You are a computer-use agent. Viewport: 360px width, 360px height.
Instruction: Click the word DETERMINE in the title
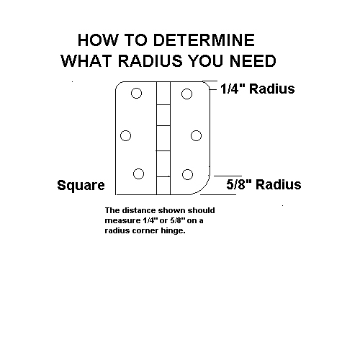pyautogui.click(x=204, y=40)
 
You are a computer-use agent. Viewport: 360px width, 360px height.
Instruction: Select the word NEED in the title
pyautogui.click(x=253, y=60)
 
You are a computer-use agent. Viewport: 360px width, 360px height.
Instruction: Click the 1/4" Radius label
pyautogui.click(x=258, y=89)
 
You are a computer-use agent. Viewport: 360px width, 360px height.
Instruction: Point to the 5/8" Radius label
pyautogui.click(x=264, y=184)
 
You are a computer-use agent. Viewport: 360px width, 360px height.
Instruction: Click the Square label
pyautogui.click(x=81, y=185)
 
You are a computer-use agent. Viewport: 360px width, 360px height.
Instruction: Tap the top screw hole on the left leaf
pyautogui.click(x=136, y=93)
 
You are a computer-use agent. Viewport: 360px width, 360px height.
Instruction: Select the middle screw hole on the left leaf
pyautogui.click(x=125, y=135)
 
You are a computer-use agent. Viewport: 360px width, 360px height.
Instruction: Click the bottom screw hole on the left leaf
pyautogui.click(x=138, y=174)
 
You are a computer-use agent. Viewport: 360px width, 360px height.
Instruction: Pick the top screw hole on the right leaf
pyautogui.click(x=186, y=94)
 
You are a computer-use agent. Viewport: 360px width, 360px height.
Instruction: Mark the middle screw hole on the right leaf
pyautogui.click(x=196, y=135)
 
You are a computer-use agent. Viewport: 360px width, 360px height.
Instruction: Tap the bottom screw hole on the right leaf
pyautogui.click(x=187, y=174)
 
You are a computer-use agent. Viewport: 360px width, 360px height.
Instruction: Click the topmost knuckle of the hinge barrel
pyautogui.click(x=163, y=93)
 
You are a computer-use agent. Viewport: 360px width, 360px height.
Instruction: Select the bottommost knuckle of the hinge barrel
pyautogui.click(x=163, y=186)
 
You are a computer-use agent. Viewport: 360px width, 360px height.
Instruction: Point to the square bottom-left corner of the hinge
pyautogui.click(x=116, y=194)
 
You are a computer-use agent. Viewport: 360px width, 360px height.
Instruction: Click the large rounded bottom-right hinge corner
pyautogui.click(x=204, y=188)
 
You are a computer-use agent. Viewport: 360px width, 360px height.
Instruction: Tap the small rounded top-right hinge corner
pyautogui.click(x=207, y=84)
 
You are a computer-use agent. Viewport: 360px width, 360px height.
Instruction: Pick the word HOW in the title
pyautogui.click(x=98, y=40)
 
